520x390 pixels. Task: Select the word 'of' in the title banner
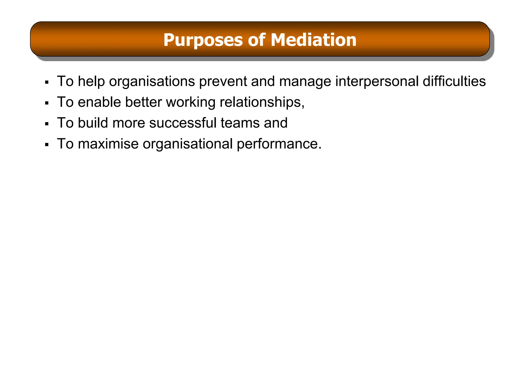(256, 40)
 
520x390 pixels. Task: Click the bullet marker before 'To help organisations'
(46, 82)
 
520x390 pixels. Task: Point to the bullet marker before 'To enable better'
(46, 103)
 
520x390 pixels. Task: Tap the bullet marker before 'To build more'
(46, 124)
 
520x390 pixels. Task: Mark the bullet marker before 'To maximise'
(46, 145)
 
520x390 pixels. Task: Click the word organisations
(152, 82)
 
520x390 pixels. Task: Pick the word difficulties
(454, 81)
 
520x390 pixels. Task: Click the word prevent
(223, 82)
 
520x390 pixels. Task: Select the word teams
(240, 123)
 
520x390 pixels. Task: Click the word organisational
(188, 144)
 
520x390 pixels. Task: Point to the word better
(143, 102)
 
